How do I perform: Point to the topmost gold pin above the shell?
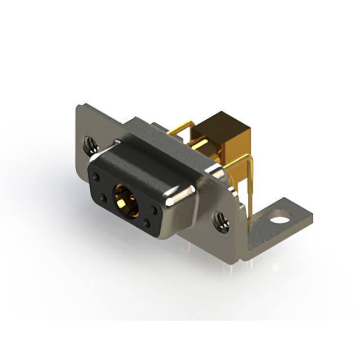click(x=181, y=130)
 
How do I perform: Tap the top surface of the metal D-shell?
click(x=157, y=152)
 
